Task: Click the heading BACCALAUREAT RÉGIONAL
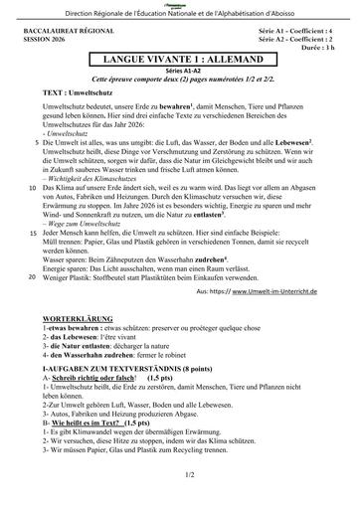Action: coord(61,32)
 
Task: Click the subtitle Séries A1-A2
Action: coord(179,72)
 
